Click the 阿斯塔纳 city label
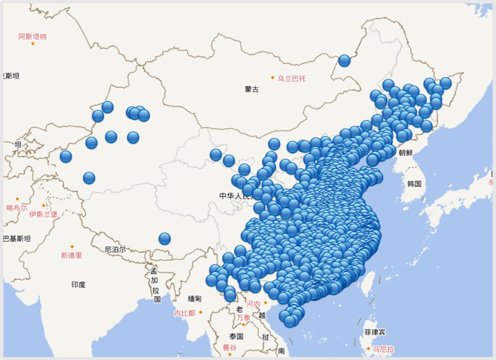(x=32, y=36)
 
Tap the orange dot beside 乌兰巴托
(x=273, y=77)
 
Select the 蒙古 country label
(x=252, y=89)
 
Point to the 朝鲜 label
(x=406, y=152)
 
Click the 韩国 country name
(x=414, y=184)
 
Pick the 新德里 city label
(x=71, y=255)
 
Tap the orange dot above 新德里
(x=72, y=247)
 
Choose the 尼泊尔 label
(x=115, y=250)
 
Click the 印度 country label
(x=78, y=285)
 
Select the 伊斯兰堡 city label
(x=43, y=214)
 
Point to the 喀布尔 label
(x=16, y=208)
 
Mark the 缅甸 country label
(x=195, y=299)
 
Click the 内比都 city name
(x=184, y=313)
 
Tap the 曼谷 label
(x=230, y=347)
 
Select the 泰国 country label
(x=236, y=336)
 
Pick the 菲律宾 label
(x=375, y=332)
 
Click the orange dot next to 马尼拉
(x=369, y=348)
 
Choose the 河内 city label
(x=253, y=304)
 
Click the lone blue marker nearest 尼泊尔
(x=165, y=239)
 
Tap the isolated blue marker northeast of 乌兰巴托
(x=344, y=60)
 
